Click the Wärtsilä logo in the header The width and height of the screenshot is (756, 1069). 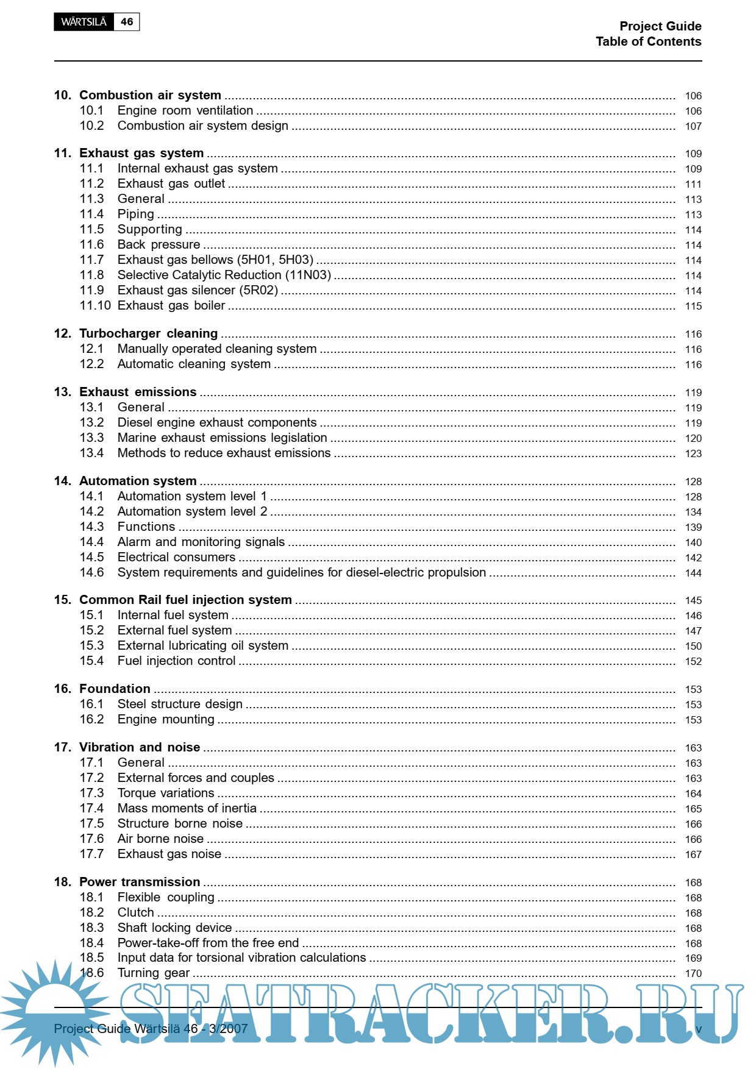[84, 22]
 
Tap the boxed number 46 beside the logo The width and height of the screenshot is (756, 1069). [127, 22]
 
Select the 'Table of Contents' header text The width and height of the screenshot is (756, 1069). [648, 41]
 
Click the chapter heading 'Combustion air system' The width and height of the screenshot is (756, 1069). [150, 95]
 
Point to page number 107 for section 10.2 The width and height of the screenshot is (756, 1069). [693, 126]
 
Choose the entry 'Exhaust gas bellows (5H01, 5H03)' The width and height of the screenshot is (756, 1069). [215, 260]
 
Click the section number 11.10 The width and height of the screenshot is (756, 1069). [95, 305]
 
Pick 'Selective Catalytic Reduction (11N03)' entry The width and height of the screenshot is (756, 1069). [224, 275]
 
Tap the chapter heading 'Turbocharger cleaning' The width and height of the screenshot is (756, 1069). [148, 333]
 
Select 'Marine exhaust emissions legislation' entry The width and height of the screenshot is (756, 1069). [222, 438]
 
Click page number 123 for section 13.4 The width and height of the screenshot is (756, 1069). [693, 453]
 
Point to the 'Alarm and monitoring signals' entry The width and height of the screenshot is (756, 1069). [201, 542]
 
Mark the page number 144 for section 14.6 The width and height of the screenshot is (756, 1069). [693, 573]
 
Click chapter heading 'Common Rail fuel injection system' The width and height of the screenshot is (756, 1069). [185, 600]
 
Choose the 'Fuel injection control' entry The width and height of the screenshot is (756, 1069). [176, 661]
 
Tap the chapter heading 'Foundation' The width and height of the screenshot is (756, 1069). [115, 689]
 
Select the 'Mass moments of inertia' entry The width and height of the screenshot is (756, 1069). [187, 808]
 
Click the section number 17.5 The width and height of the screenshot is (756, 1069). [91, 823]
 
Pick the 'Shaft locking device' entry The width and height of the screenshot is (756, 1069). [174, 928]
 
